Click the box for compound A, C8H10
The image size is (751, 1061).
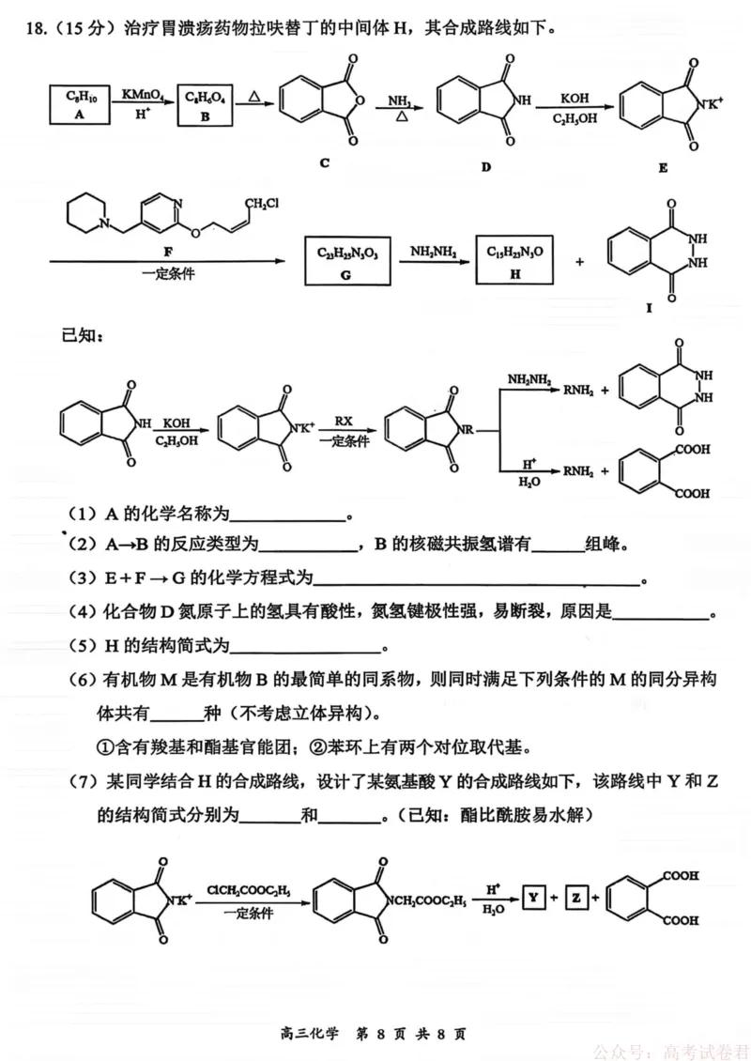click(x=80, y=104)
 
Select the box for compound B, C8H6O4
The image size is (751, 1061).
click(x=205, y=105)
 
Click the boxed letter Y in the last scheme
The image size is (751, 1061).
click(x=534, y=898)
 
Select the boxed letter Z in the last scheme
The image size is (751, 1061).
click(x=576, y=898)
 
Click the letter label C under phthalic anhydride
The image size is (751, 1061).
click(x=325, y=163)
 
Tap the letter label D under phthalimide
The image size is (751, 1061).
click(x=485, y=167)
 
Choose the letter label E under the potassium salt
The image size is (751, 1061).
click(x=663, y=168)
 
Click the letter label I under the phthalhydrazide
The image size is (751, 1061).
click(x=649, y=308)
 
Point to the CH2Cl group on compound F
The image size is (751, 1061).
click(x=261, y=203)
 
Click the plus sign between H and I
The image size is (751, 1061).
click(x=580, y=261)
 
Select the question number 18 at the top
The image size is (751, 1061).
click(x=34, y=28)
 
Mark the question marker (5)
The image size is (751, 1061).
click(x=84, y=646)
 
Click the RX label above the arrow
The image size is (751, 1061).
click(x=344, y=421)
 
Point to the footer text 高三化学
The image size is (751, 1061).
click(x=309, y=1033)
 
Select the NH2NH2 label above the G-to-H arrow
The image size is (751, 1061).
click(x=433, y=252)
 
